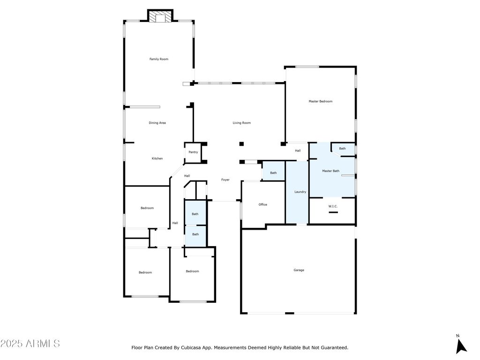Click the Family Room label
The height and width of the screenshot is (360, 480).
[158, 59]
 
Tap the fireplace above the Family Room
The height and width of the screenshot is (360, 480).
[160, 16]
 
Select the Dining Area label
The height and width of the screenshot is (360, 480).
[157, 123]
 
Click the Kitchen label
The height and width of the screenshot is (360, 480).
[157, 158]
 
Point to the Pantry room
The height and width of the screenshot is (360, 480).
[193, 152]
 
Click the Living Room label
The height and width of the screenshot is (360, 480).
[241, 123]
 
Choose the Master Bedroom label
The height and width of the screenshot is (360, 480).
[320, 101]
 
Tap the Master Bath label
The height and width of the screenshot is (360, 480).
[330, 171]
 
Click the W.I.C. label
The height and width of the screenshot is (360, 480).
[333, 206]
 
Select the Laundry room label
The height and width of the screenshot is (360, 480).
[300, 192]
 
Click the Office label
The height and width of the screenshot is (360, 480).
[262, 204]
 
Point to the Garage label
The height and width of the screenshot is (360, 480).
[299, 270]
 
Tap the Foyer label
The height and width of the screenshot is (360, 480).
[225, 180]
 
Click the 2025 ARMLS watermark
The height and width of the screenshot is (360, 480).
[30, 344]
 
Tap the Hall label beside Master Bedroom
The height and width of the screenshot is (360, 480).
[298, 150]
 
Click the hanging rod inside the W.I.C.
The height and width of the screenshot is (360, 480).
[333, 212]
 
